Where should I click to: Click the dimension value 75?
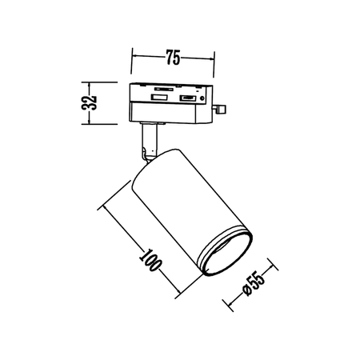(172, 57)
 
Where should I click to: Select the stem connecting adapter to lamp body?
(149, 141)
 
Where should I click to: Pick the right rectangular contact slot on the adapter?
(187, 98)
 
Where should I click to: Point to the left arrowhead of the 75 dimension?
(133, 57)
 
